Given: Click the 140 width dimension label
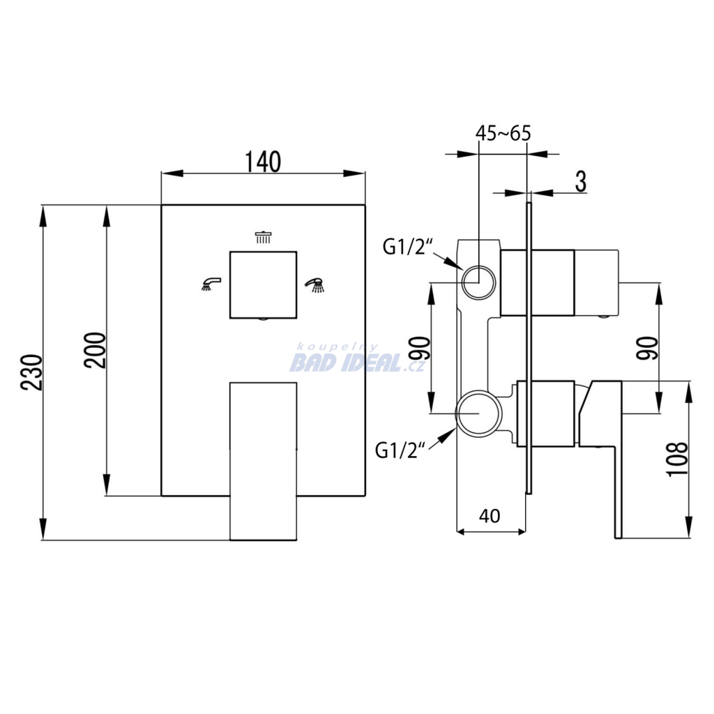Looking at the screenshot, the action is [263, 162].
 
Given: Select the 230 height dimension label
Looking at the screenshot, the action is [32, 372].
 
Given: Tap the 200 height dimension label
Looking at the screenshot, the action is [96, 350].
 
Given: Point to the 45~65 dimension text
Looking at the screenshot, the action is [503, 133].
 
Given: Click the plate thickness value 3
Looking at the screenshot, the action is [581, 182].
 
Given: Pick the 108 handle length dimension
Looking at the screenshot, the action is [677, 459].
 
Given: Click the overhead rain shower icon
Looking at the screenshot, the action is [263, 238].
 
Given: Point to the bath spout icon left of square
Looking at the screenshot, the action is [211, 284].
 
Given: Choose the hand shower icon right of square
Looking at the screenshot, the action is [316, 284].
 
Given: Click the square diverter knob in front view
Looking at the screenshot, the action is [263, 284].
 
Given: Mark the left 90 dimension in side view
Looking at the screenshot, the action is [422, 349].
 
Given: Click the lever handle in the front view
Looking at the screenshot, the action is [263, 462].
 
